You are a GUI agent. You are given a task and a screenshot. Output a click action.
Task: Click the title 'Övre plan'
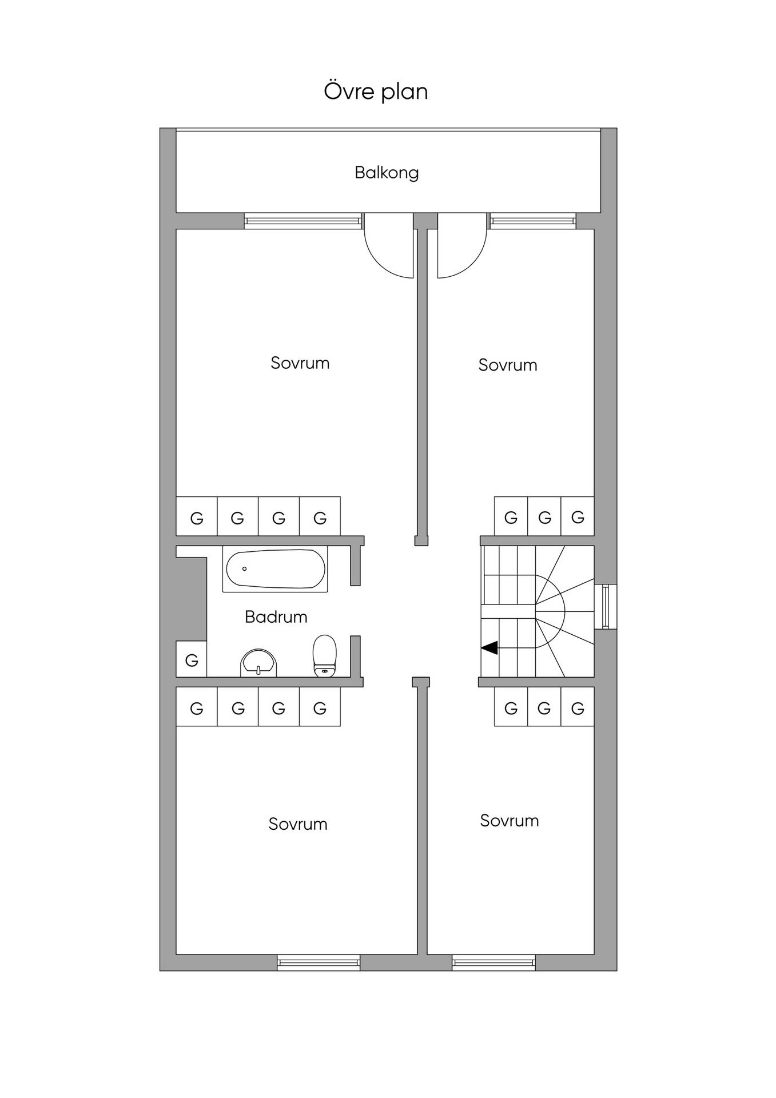coord(376,91)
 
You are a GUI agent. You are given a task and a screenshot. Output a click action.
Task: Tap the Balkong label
coord(387,173)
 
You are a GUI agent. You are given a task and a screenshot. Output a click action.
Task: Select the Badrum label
coord(276,616)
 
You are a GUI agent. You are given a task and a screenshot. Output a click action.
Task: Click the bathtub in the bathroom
coord(275,570)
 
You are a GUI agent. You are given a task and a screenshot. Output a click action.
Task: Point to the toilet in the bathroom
coord(325,656)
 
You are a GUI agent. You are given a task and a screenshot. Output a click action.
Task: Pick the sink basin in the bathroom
coord(259,663)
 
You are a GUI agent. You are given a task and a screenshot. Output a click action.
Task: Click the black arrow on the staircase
coord(489,648)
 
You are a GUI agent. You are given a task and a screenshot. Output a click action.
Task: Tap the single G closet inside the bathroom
coord(192,659)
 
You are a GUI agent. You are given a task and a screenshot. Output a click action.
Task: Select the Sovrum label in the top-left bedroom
coord(300,363)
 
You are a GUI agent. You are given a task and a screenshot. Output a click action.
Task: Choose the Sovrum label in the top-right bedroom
coord(508,365)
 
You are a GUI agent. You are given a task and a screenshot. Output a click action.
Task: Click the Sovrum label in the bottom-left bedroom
coord(298,824)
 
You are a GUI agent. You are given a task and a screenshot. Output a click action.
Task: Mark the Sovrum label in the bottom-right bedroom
coord(510,821)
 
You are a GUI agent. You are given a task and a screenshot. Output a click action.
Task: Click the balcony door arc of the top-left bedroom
coord(382,260)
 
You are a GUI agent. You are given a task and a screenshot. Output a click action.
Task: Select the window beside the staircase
coord(606,607)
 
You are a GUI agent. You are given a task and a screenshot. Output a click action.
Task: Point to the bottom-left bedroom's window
coord(319,963)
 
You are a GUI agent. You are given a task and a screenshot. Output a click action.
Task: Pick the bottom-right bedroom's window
coord(494,963)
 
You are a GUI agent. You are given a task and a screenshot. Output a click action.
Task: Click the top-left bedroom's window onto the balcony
coord(303,221)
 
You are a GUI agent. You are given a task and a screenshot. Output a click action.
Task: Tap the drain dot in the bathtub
coord(245,569)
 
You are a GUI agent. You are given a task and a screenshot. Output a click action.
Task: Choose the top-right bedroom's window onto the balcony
coord(533,221)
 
